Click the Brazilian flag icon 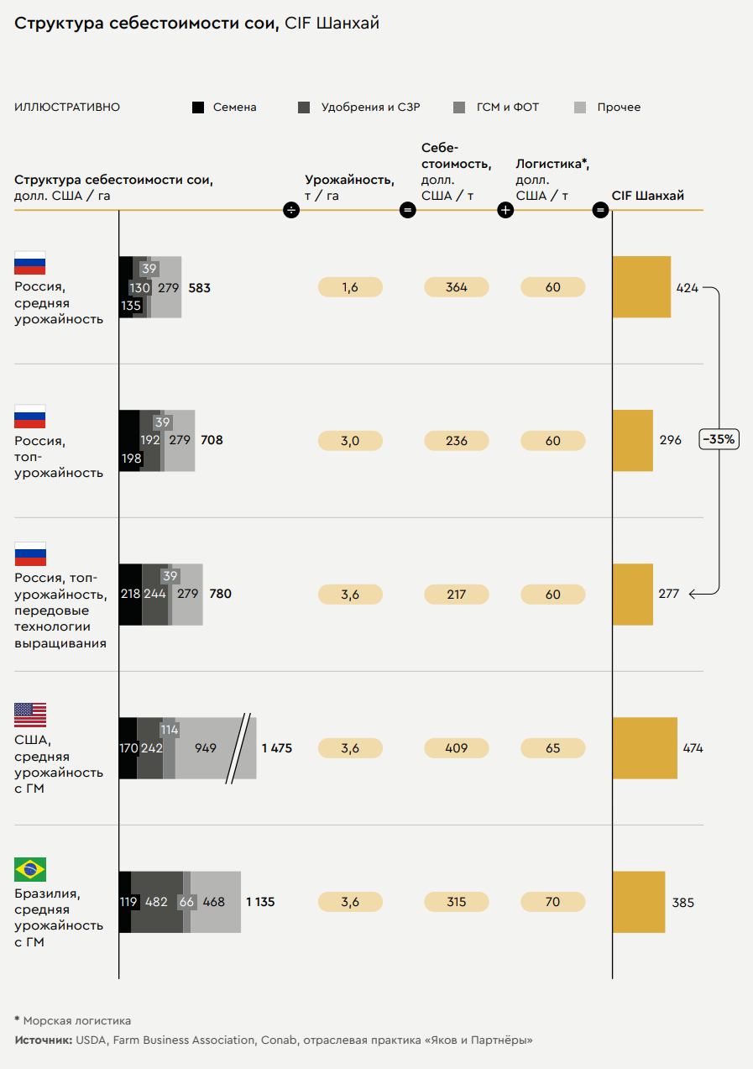tap(30, 869)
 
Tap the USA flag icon tap(30, 715)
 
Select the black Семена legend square tap(198, 107)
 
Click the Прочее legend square tap(580, 107)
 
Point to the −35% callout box tap(719, 439)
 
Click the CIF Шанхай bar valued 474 tap(644, 748)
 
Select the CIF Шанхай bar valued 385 tap(638, 902)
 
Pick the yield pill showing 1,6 tap(350, 287)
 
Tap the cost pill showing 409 tap(457, 748)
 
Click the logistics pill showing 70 tap(552, 902)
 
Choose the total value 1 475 tap(277, 748)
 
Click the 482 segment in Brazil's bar tap(157, 902)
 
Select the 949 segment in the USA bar tap(206, 748)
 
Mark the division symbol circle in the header tap(291, 210)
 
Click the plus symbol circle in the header tap(505, 210)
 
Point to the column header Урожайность tap(349, 180)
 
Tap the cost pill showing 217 tap(457, 595)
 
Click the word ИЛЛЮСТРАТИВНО tap(67, 107)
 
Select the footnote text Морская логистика tap(77, 1021)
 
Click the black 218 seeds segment tap(130, 595)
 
